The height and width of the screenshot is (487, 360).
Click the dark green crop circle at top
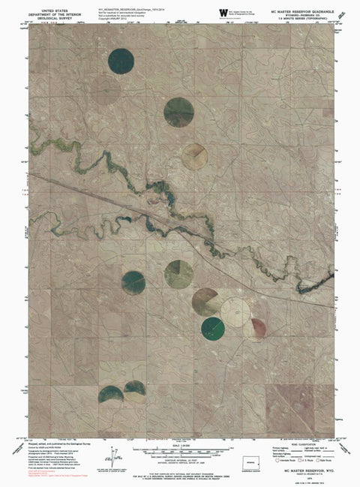coord(121,61)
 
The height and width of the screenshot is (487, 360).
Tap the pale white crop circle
coord(235,310)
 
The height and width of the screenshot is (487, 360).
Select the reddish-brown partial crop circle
coord(257,327)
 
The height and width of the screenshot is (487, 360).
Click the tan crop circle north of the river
coord(194,155)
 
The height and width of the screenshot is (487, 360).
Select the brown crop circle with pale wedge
coord(205,301)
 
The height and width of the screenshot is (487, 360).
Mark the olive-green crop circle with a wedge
coord(178,273)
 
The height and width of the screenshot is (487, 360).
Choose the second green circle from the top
coord(178,111)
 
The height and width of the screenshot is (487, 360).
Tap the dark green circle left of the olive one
coord(133,282)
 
